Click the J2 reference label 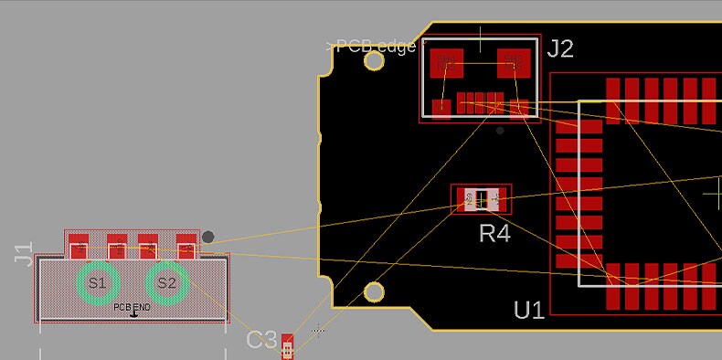click(560, 48)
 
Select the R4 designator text click(494, 234)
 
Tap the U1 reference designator click(529, 310)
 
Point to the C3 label click(261, 340)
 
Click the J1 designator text click(24, 253)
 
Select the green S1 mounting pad click(96, 283)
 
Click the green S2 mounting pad click(166, 283)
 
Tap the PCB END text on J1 click(133, 308)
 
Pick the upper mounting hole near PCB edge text click(374, 61)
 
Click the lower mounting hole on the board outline click(374, 292)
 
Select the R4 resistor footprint click(482, 198)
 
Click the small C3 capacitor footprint click(289, 347)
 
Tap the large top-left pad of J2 click(447, 62)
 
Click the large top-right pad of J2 click(514, 62)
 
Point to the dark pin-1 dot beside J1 click(208, 238)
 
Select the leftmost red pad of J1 click(80, 247)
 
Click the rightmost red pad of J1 click(186, 247)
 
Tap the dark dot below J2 click(499, 131)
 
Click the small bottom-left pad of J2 click(442, 107)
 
